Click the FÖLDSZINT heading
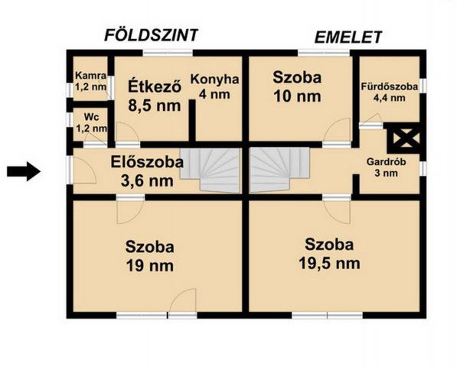click(x=152, y=34)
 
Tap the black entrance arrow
click(x=24, y=171)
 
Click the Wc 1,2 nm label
click(x=90, y=124)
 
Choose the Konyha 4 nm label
click(x=214, y=86)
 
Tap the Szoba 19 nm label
click(x=150, y=256)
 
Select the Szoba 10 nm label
click(x=297, y=86)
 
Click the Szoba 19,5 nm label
click(x=329, y=253)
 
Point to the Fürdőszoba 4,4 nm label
click(x=389, y=92)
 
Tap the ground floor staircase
click(x=211, y=170)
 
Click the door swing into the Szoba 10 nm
click(x=336, y=132)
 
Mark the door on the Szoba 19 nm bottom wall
click(x=182, y=302)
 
